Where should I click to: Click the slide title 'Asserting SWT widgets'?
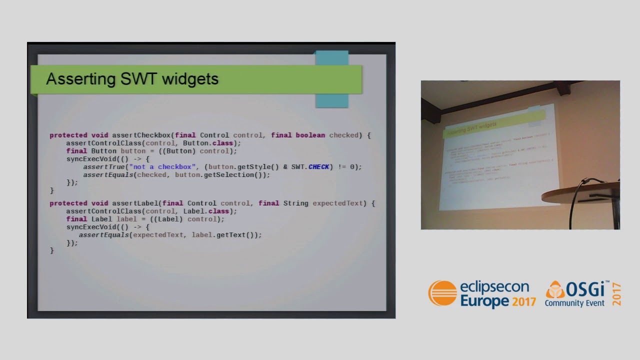click(132, 79)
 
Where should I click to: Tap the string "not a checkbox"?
click(162, 166)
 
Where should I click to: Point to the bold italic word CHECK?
click(318, 166)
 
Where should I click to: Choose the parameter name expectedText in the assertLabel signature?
click(337, 203)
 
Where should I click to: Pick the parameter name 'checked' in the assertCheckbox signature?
click(343, 135)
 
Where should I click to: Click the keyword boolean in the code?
click(310, 135)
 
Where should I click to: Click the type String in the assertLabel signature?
click(295, 203)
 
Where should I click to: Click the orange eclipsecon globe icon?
click(442, 293)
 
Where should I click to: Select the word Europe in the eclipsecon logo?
click(478, 301)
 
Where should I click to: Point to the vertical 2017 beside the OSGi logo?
click(616, 294)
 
